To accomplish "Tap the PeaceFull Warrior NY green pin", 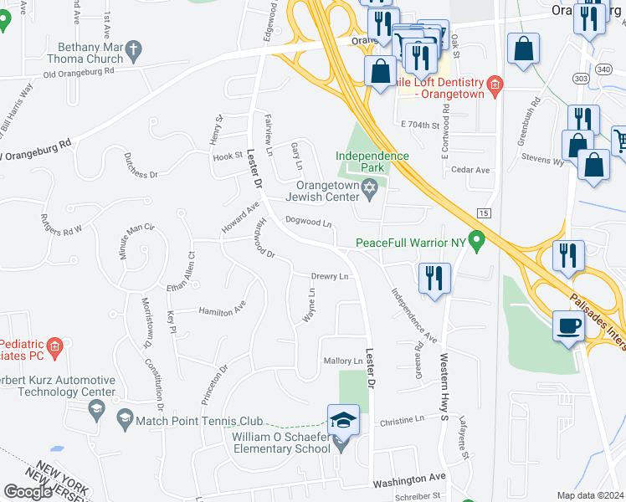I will (477, 243).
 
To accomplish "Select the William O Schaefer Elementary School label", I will (280, 443).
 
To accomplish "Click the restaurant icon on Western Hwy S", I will (434, 279).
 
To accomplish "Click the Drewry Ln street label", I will (329, 276).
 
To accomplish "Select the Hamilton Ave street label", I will (222, 310).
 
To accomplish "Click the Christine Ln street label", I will (402, 421).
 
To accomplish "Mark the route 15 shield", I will (483, 213).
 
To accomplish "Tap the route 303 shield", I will (581, 78).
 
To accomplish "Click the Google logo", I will (28, 492).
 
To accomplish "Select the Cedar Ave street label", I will (469, 170).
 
